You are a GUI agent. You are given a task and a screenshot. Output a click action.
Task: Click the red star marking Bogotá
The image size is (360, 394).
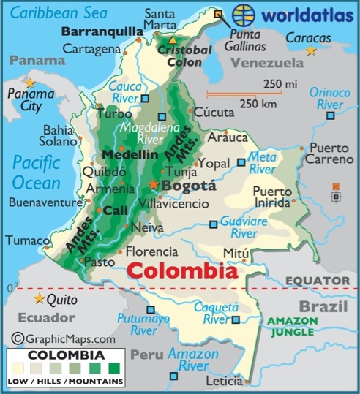click(154, 184)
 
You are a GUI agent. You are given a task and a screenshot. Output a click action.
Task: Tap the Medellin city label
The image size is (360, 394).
click(130, 155)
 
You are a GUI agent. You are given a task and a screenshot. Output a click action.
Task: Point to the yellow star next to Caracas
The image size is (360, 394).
click(312, 50)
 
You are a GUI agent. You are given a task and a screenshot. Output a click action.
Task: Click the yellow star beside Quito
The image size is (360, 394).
click(39, 298)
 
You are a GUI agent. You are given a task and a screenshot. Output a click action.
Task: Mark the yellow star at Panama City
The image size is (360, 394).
click(30, 83)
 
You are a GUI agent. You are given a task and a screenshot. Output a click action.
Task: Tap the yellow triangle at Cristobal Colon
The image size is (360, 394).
click(172, 40)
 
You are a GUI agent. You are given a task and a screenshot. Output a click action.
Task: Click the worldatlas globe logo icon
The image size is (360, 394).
click(243, 15)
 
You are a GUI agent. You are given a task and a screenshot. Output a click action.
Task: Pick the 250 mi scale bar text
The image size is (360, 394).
click(280, 85)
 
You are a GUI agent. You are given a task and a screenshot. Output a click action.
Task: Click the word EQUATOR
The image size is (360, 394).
click(318, 280)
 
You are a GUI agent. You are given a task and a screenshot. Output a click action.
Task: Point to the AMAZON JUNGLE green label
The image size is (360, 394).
click(292, 325)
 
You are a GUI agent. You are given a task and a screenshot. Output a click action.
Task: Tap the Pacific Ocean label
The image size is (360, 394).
click(37, 170)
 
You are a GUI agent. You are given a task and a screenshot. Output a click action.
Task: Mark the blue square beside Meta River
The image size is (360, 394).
click(241, 162)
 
